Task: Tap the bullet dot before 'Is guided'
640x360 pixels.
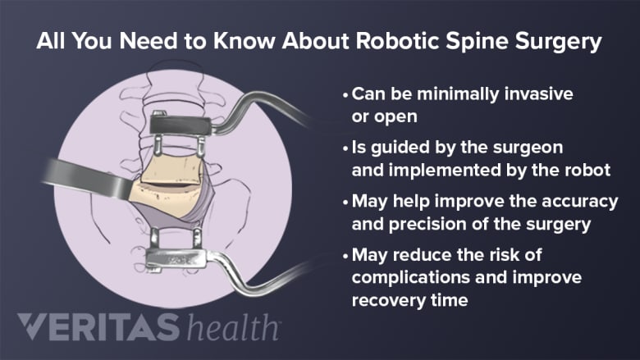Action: [x=345, y=147]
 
